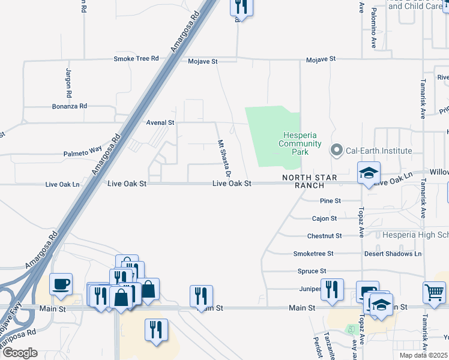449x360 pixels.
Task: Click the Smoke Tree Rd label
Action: (x=136, y=59)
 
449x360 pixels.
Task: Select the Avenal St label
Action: (x=160, y=122)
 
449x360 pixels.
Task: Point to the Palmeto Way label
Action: (x=83, y=154)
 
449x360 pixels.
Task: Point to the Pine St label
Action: (x=331, y=201)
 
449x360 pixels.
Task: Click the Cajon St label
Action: (x=325, y=218)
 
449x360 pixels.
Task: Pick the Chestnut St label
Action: (x=324, y=236)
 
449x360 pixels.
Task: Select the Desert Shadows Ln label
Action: (x=393, y=254)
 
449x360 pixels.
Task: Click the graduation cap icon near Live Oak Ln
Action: (x=368, y=173)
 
